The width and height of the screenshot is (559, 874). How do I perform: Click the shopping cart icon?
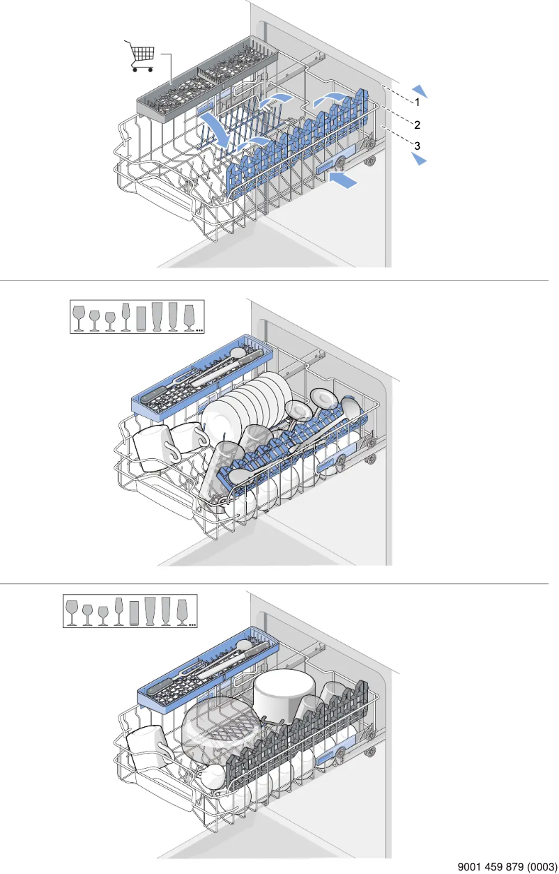(140, 56)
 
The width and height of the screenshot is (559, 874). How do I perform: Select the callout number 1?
(418, 102)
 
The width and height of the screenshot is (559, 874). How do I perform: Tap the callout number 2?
(418, 125)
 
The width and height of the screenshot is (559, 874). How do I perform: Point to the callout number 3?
(418, 146)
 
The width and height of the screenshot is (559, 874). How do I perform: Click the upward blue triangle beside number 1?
(420, 90)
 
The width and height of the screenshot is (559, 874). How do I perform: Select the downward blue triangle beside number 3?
(420, 158)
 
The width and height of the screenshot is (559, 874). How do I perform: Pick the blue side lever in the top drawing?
(337, 159)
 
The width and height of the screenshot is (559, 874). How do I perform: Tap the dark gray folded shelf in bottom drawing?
(298, 731)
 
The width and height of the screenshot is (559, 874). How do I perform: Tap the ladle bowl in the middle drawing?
(351, 407)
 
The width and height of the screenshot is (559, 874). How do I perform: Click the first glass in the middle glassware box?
(79, 318)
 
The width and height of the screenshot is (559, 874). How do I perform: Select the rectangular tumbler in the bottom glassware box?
(134, 613)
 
